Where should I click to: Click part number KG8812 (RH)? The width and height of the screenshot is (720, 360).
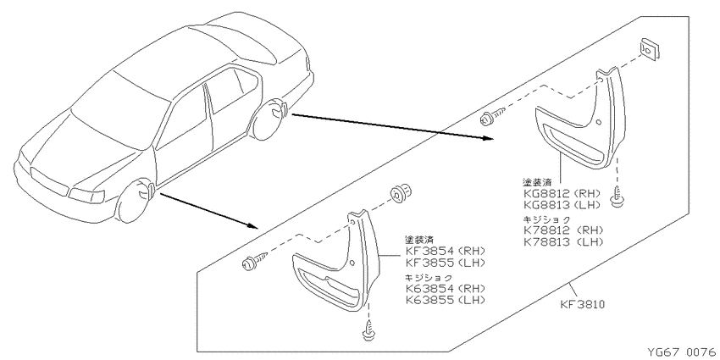click(x=562, y=193)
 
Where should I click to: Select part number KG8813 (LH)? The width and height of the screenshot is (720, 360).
click(x=562, y=204)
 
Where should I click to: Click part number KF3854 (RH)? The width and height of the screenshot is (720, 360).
click(x=445, y=252)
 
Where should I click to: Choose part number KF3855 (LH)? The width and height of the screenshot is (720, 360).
click(x=445, y=263)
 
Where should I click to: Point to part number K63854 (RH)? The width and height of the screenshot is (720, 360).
click(x=445, y=290)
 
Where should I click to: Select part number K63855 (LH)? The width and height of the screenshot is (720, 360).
click(x=445, y=301)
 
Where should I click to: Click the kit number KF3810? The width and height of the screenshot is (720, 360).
click(x=582, y=304)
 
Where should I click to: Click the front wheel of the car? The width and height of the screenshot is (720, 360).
click(x=136, y=201)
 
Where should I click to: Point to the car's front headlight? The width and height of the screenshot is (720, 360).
click(x=86, y=195)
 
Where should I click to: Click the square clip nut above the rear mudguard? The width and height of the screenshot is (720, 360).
click(x=649, y=48)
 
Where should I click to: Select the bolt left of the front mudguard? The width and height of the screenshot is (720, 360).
click(x=254, y=260)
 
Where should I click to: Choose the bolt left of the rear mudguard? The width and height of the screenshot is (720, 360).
click(x=492, y=116)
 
